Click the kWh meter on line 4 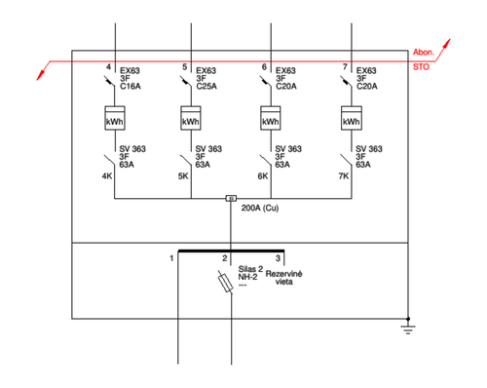pos(115,118)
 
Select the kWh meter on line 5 pos(191,118)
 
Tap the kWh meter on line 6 pos(271,118)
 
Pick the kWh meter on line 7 pos(352,118)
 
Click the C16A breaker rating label pos(131,87)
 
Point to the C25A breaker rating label pos(206,87)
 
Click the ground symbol pos(408,328)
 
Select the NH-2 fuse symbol pos(225,282)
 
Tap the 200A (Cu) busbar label pos(260,208)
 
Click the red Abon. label pos(424,52)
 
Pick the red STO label pos(421,67)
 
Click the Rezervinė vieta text pos(284,278)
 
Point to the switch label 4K pos(107,176)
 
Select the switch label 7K pos(344,176)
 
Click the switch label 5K pos(183,176)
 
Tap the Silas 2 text pos(250,269)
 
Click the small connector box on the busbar pos(231,198)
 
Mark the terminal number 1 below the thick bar pos(171,258)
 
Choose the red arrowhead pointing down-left pos(40,75)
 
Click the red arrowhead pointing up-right pos(447,43)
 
